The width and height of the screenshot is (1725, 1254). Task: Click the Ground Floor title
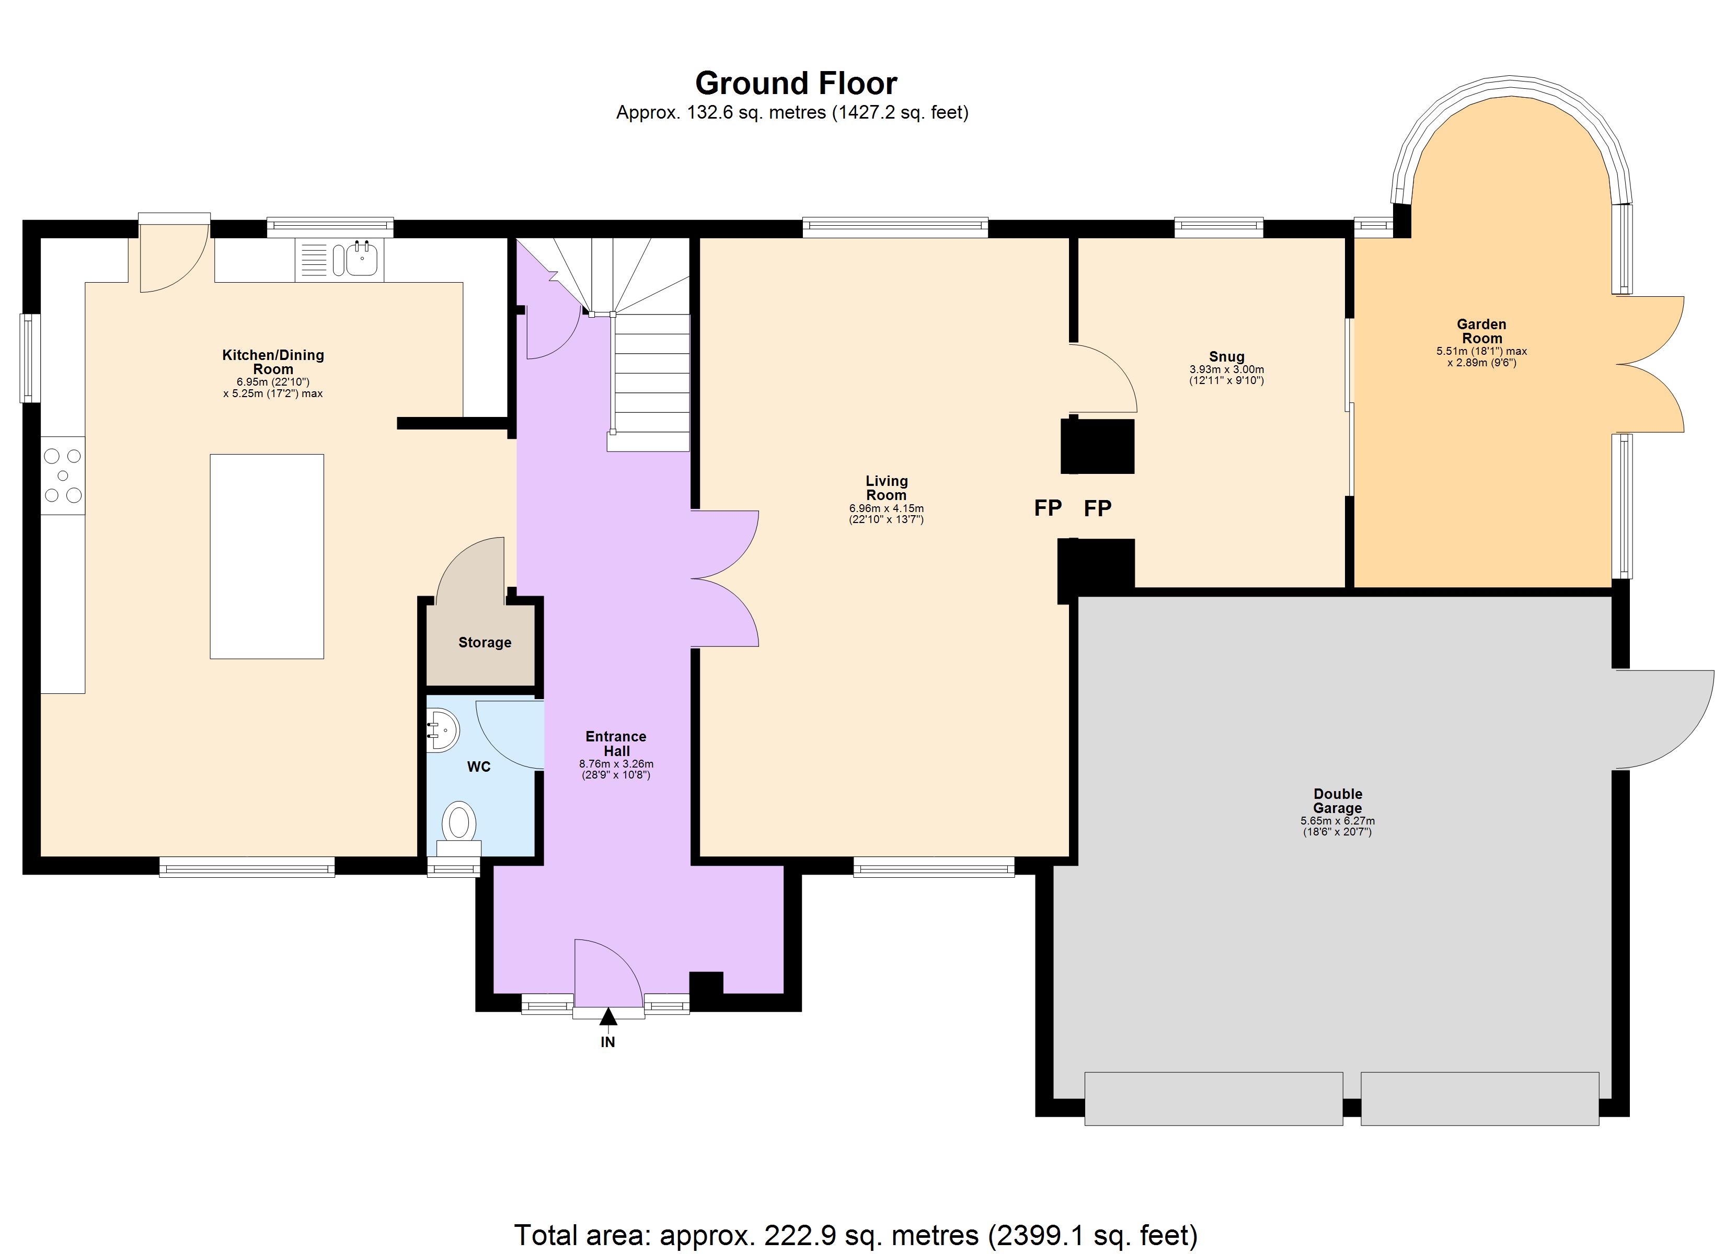point(796,83)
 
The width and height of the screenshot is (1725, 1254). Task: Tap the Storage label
point(485,643)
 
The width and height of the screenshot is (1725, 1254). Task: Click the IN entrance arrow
point(608,1017)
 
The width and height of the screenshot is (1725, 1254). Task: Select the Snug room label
point(1226,357)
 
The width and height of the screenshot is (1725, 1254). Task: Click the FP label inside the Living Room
point(1048,508)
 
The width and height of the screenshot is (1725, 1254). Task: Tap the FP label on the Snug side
point(1098,508)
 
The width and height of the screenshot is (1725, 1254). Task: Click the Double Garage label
point(1337,801)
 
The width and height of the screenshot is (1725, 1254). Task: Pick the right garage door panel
point(1479,1098)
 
